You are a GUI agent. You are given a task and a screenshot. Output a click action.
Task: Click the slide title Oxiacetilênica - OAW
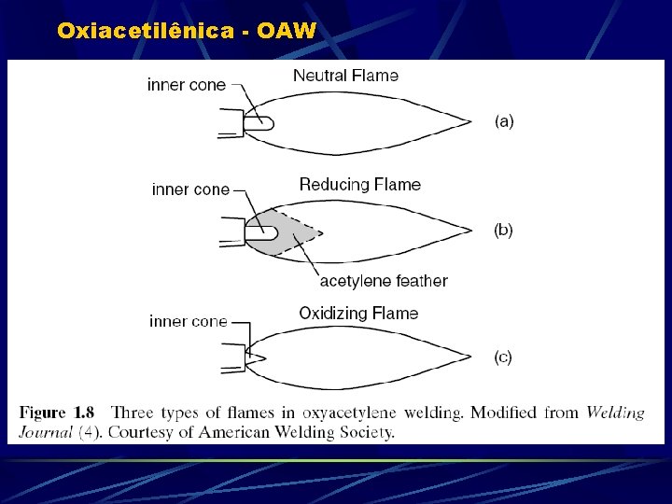click(x=187, y=31)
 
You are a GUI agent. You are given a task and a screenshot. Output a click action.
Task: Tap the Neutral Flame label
click(x=345, y=76)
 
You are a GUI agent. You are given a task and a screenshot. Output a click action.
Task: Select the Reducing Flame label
click(x=359, y=185)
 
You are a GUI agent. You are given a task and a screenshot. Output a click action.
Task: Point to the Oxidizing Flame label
click(x=358, y=314)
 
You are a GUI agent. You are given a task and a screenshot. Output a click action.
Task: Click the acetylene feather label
click(x=384, y=281)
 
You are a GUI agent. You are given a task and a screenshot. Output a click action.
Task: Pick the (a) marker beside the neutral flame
click(x=504, y=120)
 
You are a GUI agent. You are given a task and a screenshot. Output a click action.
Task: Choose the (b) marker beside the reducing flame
click(x=503, y=230)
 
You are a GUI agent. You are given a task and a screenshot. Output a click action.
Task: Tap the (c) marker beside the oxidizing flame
click(x=503, y=357)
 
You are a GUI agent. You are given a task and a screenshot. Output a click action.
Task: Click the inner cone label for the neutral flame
click(x=187, y=85)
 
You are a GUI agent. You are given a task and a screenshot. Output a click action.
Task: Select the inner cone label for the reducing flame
click(x=190, y=189)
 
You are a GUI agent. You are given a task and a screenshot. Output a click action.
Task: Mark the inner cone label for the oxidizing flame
click(x=189, y=321)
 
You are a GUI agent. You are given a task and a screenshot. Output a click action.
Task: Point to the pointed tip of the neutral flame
click(x=469, y=120)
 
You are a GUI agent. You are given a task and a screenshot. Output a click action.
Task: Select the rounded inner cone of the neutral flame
click(x=259, y=122)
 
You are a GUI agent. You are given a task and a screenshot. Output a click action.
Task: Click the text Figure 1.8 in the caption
click(x=57, y=413)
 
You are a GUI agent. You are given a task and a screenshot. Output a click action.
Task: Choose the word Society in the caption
click(x=365, y=431)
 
